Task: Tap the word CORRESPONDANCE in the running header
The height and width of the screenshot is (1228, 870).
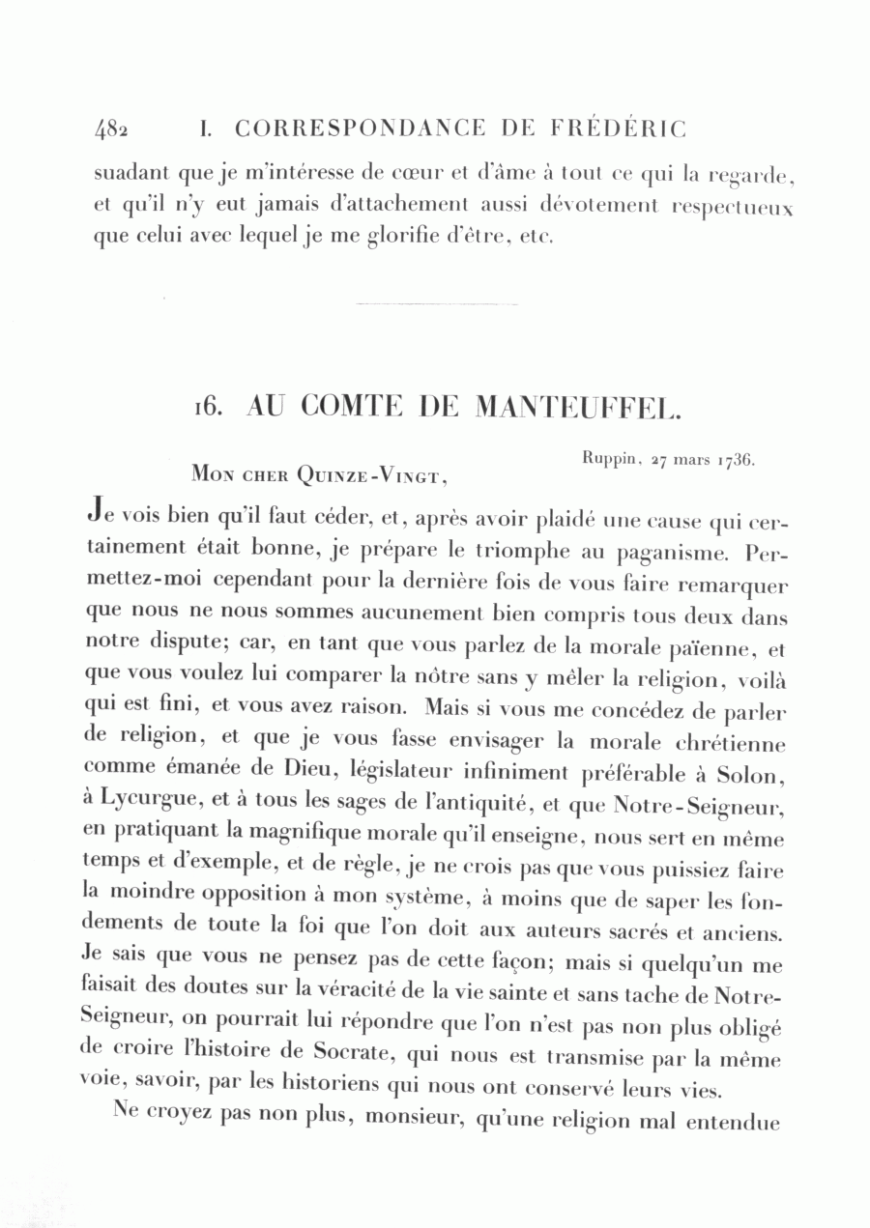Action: [x=359, y=129]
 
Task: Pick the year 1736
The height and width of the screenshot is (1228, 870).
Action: [x=736, y=461]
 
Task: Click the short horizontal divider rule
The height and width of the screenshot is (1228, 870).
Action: [x=437, y=304]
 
